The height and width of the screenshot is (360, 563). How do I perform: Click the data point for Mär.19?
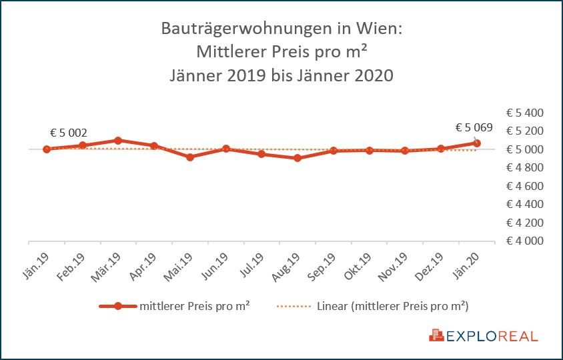pyautogui.click(x=118, y=141)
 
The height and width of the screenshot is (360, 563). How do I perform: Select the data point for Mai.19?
pyautogui.click(x=190, y=157)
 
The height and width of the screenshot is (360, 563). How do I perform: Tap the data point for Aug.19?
pyautogui.click(x=298, y=158)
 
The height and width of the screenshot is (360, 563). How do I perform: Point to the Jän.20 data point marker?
pyautogui.click(x=476, y=143)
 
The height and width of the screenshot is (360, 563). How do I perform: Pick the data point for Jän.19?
pyautogui.click(x=47, y=149)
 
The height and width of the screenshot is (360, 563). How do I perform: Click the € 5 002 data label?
pyautogui.click(x=69, y=133)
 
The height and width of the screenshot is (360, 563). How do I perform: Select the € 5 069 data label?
pyautogui.click(x=474, y=127)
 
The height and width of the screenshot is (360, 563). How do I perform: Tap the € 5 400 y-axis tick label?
pyautogui.click(x=526, y=112)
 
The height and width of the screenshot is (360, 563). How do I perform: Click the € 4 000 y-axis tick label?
pyautogui.click(x=526, y=241)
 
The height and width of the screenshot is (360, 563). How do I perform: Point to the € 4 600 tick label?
pyautogui.click(x=526, y=185)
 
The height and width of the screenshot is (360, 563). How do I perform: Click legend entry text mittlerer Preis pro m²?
pyautogui.click(x=195, y=307)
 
